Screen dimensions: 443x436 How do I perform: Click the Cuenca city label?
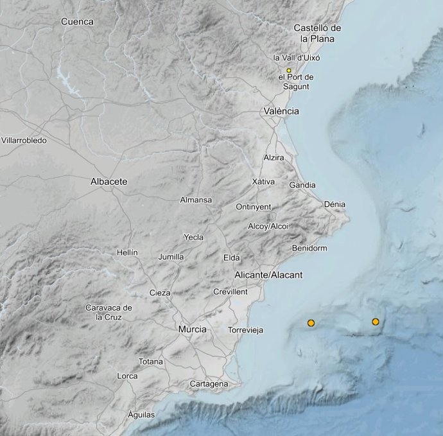click(77, 22)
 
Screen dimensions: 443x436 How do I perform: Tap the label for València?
click(281, 111)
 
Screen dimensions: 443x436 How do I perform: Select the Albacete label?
click(109, 182)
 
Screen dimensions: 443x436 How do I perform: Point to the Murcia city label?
click(193, 329)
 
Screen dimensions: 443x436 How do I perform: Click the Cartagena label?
click(209, 384)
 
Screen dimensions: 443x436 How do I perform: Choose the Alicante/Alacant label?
click(268, 275)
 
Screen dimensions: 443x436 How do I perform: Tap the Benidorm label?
click(309, 248)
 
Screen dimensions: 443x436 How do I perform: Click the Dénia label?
click(334, 204)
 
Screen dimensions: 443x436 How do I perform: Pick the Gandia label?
click(302, 185)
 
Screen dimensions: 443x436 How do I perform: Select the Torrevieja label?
click(246, 331)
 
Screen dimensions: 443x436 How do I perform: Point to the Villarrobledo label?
click(24, 140)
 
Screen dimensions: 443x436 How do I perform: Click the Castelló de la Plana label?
click(317, 33)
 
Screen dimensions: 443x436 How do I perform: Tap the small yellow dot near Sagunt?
click(289, 70)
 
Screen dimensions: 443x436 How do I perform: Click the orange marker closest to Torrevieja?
click(311, 323)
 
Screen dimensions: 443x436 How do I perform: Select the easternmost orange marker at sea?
click(376, 322)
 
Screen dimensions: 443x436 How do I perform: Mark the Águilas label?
click(141, 415)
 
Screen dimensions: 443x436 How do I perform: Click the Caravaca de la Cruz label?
click(109, 312)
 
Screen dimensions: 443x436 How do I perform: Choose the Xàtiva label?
click(263, 182)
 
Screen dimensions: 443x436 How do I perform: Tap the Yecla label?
click(193, 237)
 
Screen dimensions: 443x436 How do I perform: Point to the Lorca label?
click(128, 376)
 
